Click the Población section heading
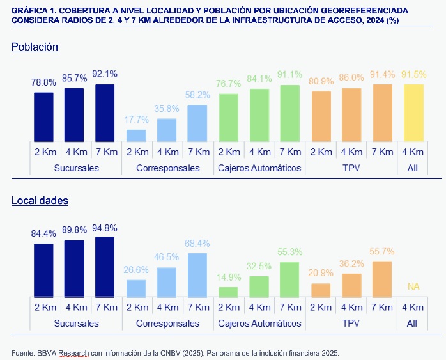point(35,47)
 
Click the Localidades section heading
point(40,201)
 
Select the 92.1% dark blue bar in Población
point(105,113)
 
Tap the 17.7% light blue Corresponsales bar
point(136,135)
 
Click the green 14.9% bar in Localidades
point(228,292)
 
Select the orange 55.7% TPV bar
point(382,279)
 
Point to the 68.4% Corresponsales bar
point(197,275)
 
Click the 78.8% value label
point(43,82)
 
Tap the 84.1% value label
point(259,79)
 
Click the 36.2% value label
point(351,263)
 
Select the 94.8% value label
point(105,228)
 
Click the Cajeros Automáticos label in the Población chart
point(259,168)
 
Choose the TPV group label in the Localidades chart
point(351,324)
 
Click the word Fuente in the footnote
point(23,353)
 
